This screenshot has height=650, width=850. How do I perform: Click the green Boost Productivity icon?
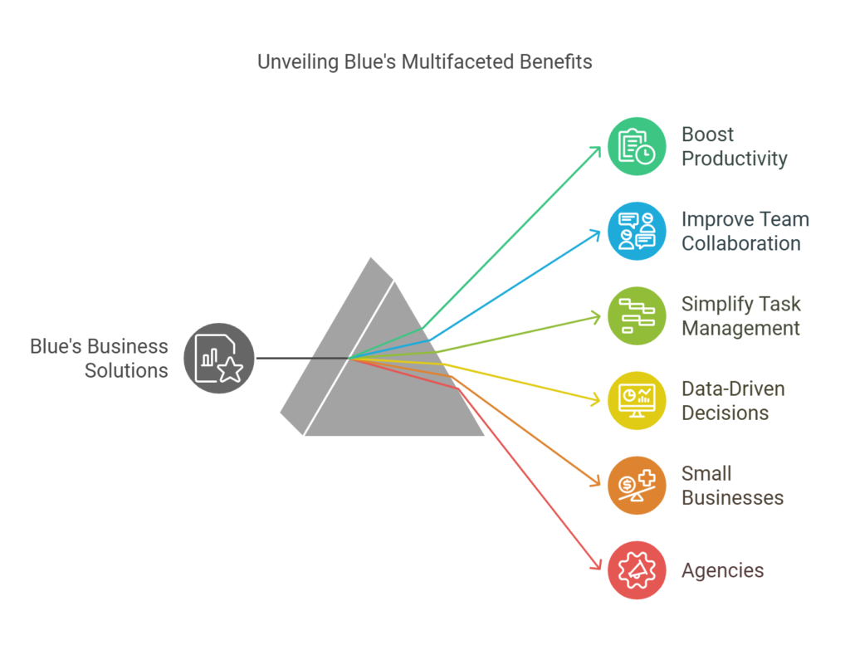click(x=637, y=146)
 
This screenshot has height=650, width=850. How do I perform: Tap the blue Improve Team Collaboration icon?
click(x=637, y=231)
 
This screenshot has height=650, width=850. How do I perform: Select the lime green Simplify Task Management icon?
click(x=637, y=315)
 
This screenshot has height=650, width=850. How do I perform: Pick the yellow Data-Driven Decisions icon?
click(x=637, y=400)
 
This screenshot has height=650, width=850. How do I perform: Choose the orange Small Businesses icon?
click(x=637, y=485)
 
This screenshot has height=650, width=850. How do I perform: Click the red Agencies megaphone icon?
click(x=637, y=569)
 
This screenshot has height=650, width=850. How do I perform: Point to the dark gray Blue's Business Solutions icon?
click(x=219, y=358)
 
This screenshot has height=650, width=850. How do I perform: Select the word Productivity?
click(x=734, y=159)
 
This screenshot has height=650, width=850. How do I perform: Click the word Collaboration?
click(x=740, y=243)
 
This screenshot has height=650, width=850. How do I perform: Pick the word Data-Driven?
click(x=732, y=389)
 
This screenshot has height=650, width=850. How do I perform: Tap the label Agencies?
click(x=722, y=570)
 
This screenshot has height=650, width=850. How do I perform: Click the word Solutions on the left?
click(x=126, y=370)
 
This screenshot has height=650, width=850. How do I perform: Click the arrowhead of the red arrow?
click(x=597, y=566)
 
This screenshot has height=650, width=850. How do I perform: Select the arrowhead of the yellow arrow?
click(x=597, y=401)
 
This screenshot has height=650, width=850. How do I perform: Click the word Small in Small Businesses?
click(x=706, y=473)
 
